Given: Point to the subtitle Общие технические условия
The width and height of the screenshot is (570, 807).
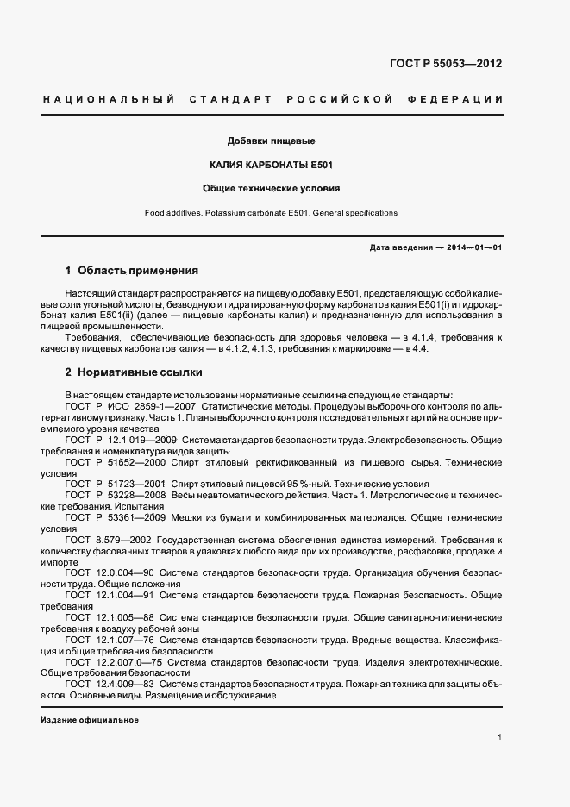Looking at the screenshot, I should (271, 187).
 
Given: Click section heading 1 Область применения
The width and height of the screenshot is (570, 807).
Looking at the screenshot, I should (132, 270).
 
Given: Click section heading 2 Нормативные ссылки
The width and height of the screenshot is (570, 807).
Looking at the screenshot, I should (134, 372).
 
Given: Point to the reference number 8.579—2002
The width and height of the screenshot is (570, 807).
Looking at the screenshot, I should (125, 540).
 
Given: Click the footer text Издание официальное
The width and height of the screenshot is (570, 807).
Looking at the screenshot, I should (90, 720).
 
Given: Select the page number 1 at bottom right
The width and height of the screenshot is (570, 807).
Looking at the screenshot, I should (500, 737).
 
